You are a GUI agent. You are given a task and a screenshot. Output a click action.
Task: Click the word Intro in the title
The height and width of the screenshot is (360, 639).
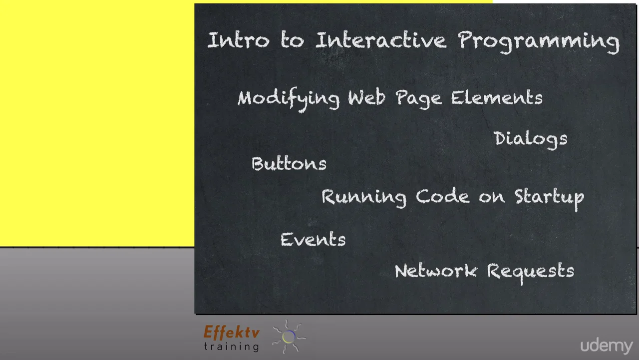pos(238,40)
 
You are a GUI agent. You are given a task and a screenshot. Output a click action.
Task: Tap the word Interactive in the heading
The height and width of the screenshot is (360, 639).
pos(380,40)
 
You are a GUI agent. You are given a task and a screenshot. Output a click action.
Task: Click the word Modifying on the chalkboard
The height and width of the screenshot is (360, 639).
pos(289,98)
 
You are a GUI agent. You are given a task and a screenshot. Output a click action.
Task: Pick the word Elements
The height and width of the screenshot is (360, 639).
pos(497,97)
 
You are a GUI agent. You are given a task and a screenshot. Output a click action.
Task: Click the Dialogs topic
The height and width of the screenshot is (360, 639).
pos(530,139)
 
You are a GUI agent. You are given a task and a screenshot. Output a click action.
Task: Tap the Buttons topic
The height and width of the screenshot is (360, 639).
pos(289,164)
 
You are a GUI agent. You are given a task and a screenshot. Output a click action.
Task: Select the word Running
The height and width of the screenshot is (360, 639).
pos(363,197)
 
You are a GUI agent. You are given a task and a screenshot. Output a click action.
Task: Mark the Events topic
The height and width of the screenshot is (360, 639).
pos(313,239)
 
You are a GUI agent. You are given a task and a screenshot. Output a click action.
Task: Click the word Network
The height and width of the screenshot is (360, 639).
pos(436,271)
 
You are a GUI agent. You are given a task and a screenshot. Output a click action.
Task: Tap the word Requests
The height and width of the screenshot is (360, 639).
pos(530,271)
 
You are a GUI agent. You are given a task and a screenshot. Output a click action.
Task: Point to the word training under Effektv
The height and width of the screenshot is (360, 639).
pos(231,345)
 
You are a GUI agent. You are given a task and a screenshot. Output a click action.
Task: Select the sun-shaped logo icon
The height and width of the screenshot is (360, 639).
pos(289,336)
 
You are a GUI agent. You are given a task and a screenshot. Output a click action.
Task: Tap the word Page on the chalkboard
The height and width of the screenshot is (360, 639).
pos(418,98)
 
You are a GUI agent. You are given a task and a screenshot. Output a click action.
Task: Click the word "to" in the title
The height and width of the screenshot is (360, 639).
pos(292,40)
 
